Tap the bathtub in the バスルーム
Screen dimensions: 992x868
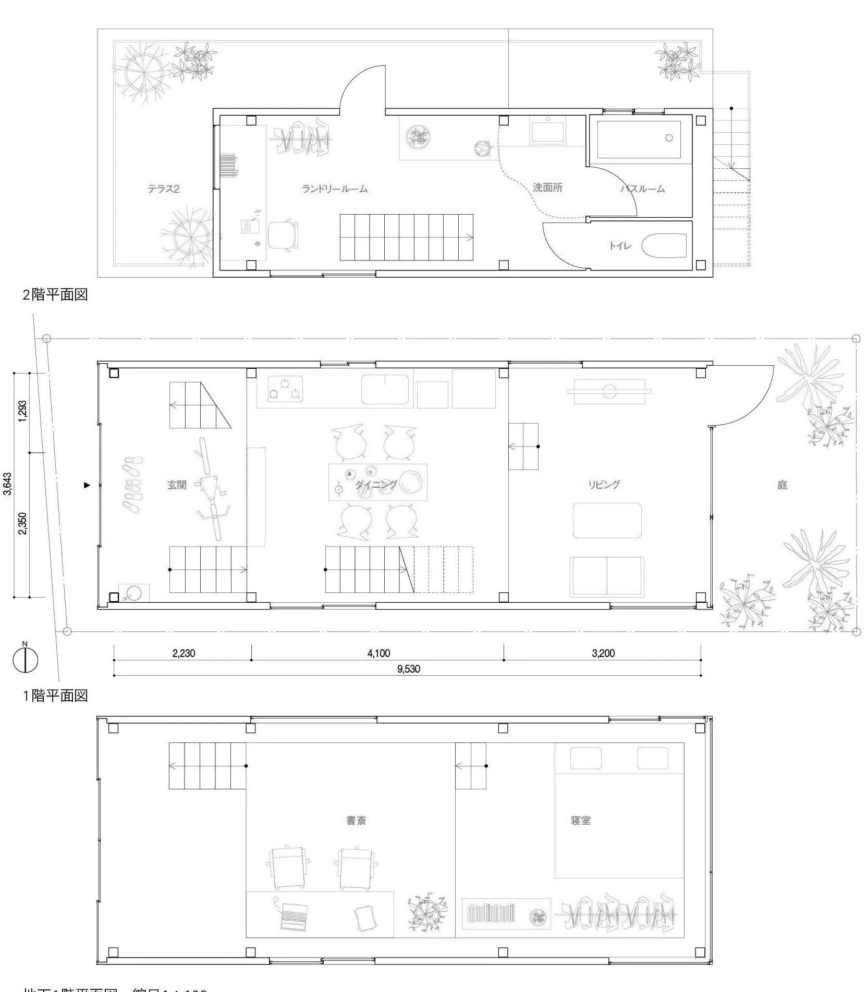[x=639, y=140]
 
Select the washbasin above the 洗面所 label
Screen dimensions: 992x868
[x=548, y=130]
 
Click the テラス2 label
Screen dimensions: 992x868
[x=163, y=189]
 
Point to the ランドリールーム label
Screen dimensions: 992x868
[x=335, y=189]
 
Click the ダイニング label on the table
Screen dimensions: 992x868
[x=376, y=485]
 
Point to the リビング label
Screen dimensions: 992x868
[x=604, y=485]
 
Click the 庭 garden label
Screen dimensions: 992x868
[x=782, y=485]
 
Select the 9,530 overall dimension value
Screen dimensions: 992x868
[x=408, y=669]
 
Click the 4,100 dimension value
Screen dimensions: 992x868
[x=378, y=653]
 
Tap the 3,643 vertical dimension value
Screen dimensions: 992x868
[x=8, y=484]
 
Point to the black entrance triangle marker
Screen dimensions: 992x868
[x=87, y=485]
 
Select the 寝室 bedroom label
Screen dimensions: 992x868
[x=581, y=821]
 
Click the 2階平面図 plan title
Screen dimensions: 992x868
[x=55, y=295]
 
